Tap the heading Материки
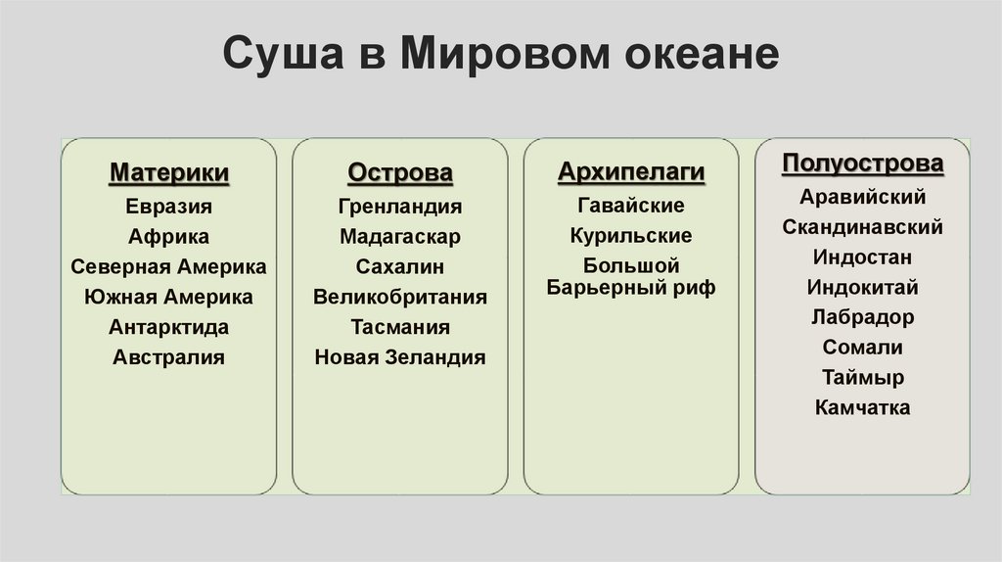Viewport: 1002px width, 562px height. point(169,173)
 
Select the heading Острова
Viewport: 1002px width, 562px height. point(400,173)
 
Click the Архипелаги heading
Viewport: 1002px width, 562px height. point(631,173)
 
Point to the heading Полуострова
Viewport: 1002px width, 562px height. point(862,164)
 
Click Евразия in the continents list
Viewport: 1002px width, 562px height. point(169,207)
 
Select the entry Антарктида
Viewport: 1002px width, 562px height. point(169,327)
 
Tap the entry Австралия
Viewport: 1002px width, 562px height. point(169,357)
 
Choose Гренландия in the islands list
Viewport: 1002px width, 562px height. point(400,207)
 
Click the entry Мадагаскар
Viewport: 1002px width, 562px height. point(400,237)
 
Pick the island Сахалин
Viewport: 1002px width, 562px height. point(400,266)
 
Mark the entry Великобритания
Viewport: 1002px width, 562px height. point(400,297)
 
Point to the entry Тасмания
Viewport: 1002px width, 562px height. point(400,327)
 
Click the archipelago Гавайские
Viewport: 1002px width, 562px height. point(631,206)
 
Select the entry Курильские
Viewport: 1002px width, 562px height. point(631,236)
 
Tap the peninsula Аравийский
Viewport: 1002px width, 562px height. point(862,197)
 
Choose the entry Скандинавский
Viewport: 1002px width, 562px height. point(862,227)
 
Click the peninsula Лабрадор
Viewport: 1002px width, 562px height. point(862,317)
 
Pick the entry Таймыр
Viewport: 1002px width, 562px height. point(862,378)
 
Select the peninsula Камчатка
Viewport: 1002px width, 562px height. point(862,407)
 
